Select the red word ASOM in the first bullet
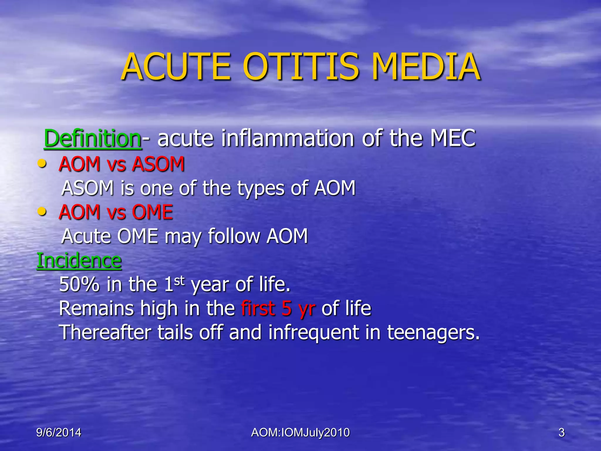158,164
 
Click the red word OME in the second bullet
152,212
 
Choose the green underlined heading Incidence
79,260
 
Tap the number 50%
79,284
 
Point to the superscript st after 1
179,281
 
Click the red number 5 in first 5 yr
287,309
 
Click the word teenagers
433,333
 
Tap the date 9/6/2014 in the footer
59,433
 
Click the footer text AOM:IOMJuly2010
300,433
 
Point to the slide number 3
561,433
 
